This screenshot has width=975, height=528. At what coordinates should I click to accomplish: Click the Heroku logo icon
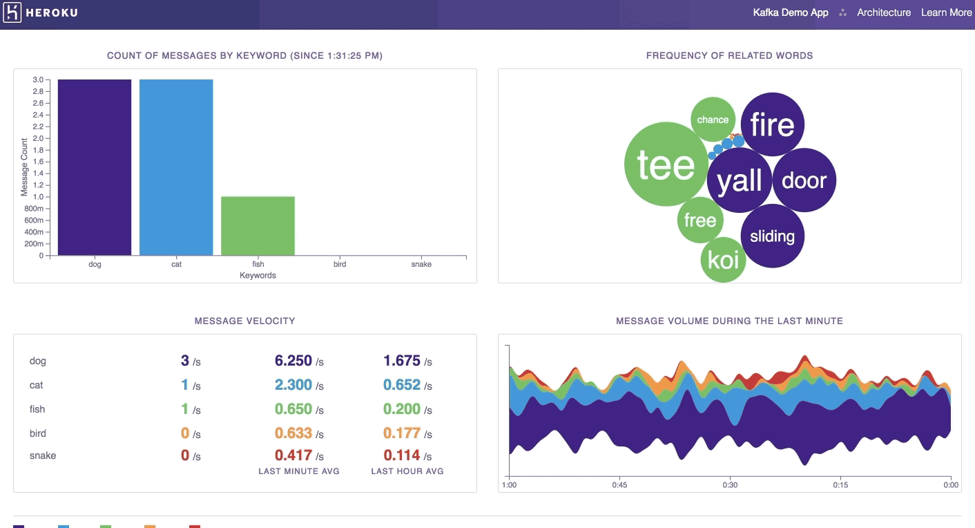[12, 13]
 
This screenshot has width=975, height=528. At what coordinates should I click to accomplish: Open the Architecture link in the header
[884, 12]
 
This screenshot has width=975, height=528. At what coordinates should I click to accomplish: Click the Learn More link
[946, 12]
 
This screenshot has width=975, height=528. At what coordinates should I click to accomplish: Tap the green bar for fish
[258, 226]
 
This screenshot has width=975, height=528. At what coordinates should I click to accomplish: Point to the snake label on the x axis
[421, 264]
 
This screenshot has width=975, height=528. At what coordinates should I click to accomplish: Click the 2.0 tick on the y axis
[37, 138]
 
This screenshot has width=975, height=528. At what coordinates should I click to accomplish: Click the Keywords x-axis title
[258, 275]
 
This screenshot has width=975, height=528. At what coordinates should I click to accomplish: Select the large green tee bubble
[666, 164]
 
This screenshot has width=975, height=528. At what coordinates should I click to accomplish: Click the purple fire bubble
[772, 125]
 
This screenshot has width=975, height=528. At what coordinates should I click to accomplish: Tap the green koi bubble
[723, 260]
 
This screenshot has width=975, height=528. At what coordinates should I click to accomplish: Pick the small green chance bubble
[713, 120]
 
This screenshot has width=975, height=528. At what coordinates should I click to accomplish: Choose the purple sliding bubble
[772, 236]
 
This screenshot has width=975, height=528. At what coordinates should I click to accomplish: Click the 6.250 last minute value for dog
[293, 361]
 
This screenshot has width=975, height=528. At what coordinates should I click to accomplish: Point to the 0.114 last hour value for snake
[402, 455]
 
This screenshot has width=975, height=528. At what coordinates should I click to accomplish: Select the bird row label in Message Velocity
[38, 433]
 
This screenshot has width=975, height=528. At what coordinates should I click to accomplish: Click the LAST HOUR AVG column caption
[407, 471]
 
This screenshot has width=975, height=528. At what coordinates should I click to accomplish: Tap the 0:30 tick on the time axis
[730, 484]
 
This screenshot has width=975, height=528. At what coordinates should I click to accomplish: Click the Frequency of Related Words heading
[729, 55]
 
